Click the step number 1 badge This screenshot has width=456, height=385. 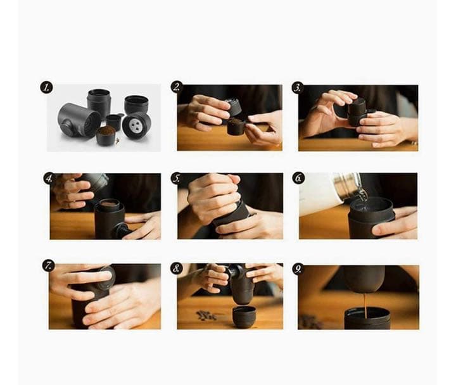(x=46, y=87)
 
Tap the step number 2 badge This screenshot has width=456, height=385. (x=177, y=87)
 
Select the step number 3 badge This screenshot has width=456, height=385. (x=297, y=88)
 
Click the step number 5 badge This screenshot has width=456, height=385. (x=177, y=178)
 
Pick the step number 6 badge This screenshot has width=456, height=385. (x=298, y=178)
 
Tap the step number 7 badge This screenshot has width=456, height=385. (x=49, y=265)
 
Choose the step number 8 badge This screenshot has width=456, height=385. (x=177, y=268)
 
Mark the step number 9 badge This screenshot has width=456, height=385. (x=298, y=269)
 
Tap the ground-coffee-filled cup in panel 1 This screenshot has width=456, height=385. (x=105, y=136)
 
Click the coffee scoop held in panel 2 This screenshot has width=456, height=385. (x=236, y=126)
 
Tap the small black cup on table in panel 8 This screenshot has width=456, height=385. (x=244, y=316)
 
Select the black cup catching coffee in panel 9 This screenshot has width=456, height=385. (x=367, y=318)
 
